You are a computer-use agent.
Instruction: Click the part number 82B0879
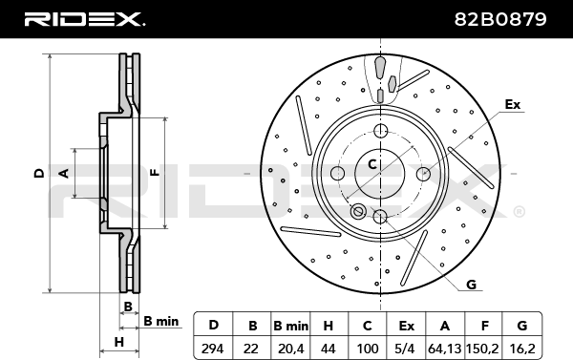coord(500,19)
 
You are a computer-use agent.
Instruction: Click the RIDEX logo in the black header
coord(84,19)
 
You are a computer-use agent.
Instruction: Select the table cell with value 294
coord(212,349)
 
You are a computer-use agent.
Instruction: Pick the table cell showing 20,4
coord(290,349)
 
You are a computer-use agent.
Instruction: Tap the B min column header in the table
coord(290,326)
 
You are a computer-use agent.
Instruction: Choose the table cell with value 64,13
coord(445,349)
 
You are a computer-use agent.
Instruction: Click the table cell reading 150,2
coord(483,349)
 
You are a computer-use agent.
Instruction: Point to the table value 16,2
coord(522,349)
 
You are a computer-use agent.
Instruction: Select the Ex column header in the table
coord(406,326)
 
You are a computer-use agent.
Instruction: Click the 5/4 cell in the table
coord(406,349)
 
